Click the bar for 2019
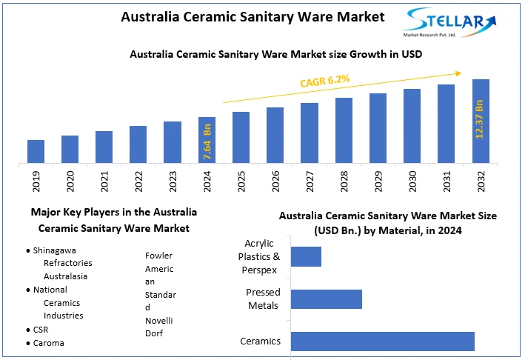(x=36, y=151)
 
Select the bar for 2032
(x=481, y=121)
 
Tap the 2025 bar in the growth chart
(x=241, y=137)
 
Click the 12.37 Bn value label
(x=480, y=119)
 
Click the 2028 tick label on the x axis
(x=344, y=182)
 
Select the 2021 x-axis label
(x=104, y=182)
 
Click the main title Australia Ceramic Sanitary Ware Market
(x=253, y=16)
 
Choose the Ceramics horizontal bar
(x=382, y=341)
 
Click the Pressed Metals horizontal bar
(x=326, y=299)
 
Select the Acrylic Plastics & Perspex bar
(x=306, y=256)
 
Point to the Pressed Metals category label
(x=262, y=299)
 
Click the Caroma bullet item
(x=49, y=343)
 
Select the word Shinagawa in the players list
(x=55, y=250)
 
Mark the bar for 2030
(x=412, y=126)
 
